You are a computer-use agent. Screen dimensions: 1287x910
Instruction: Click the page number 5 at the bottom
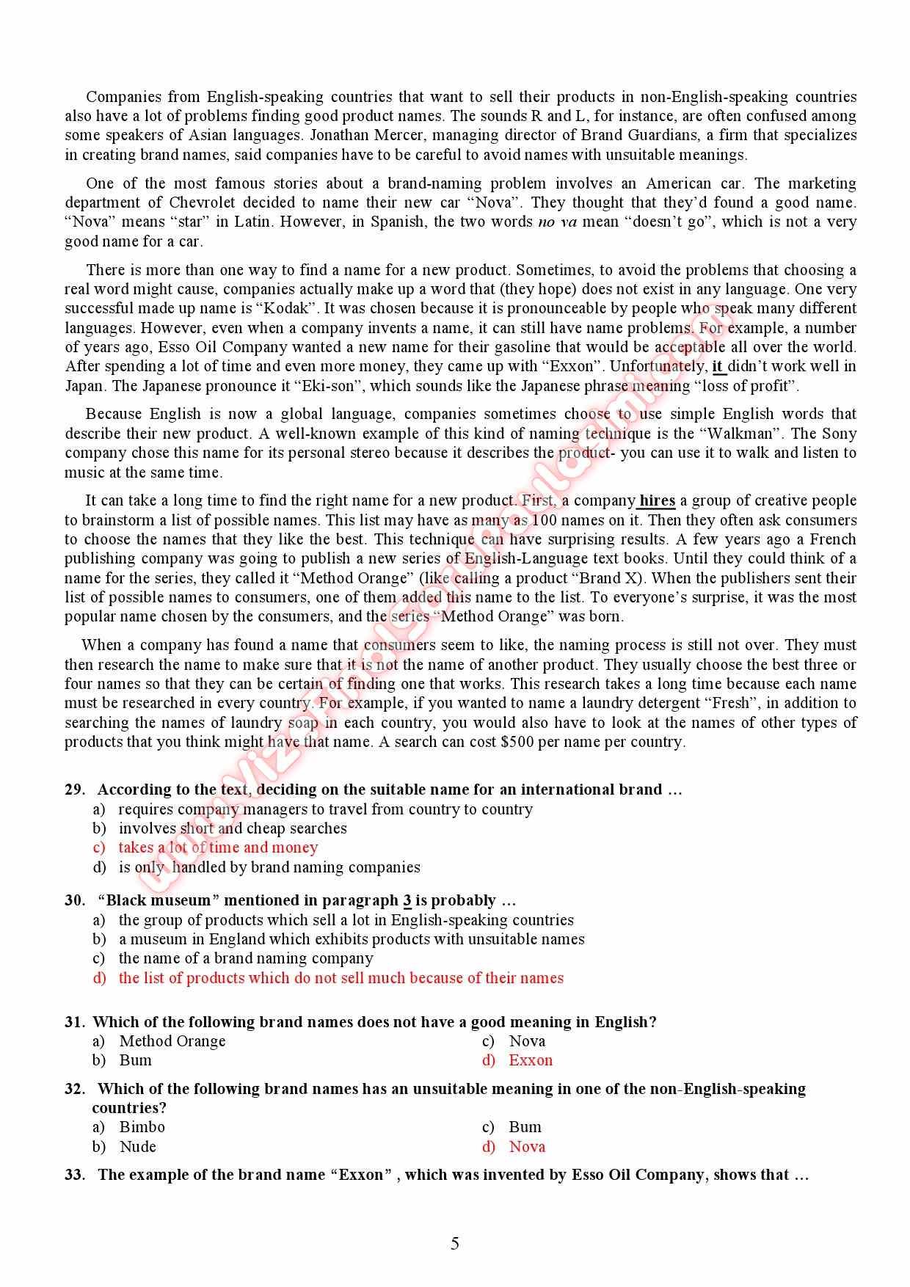tap(455, 1243)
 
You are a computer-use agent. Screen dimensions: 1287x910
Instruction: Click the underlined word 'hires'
tap(657, 500)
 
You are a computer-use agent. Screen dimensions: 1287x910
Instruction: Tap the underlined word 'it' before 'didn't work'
tap(718, 366)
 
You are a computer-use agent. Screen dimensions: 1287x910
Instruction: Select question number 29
tap(75, 790)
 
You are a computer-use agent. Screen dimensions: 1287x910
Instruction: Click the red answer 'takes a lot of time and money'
tap(218, 847)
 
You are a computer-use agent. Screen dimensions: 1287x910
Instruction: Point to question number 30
tap(75, 900)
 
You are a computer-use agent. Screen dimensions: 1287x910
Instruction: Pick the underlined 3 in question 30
tap(407, 900)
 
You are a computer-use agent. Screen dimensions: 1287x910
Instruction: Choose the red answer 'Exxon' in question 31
tap(530, 1060)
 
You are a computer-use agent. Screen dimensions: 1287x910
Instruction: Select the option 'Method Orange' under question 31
tap(172, 1041)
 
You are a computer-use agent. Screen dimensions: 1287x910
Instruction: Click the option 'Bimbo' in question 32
tap(142, 1127)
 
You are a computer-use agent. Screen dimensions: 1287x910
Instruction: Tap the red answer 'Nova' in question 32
tap(527, 1147)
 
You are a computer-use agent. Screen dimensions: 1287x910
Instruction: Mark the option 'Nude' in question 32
tap(138, 1147)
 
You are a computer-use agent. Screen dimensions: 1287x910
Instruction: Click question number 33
tap(75, 1175)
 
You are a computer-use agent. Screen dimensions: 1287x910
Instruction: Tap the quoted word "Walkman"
tap(742, 434)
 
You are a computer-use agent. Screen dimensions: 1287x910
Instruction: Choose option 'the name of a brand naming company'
tap(246, 958)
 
